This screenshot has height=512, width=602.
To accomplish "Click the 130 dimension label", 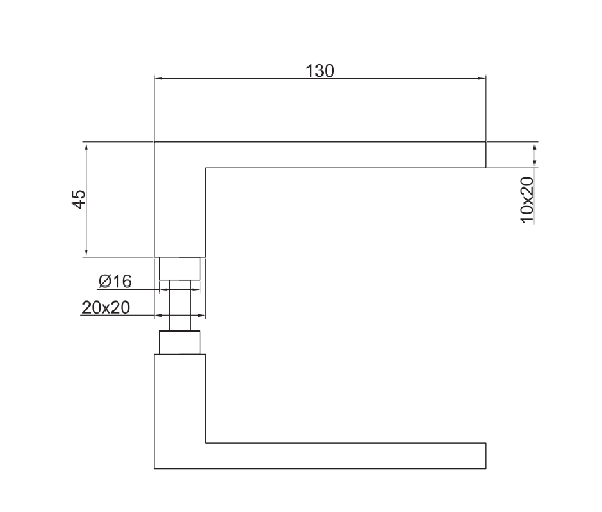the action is pyautogui.click(x=320, y=71).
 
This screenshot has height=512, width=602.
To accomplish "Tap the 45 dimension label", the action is pyautogui.click(x=79, y=199).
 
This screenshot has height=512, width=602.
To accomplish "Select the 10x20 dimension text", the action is pyautogui.click(x=526, y=200).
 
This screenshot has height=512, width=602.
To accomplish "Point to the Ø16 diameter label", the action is pyautogui.click(x=115, y=282).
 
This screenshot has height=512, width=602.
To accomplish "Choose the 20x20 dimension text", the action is pyautogui.click(x=106, y=307).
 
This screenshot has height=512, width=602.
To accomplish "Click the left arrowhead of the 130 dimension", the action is pyautogui.click(x=158, y=79).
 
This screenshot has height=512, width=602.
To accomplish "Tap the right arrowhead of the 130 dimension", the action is pyautogui.click(x=482, y=79).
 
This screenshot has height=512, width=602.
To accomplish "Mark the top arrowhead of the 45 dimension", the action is pyautogui.click(x=86, y=146).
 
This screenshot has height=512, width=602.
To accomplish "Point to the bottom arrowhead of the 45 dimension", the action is pyautogui.click(x=86, y=253).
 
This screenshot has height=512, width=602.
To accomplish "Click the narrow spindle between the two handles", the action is pyautogui.click(x=180, y=305).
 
